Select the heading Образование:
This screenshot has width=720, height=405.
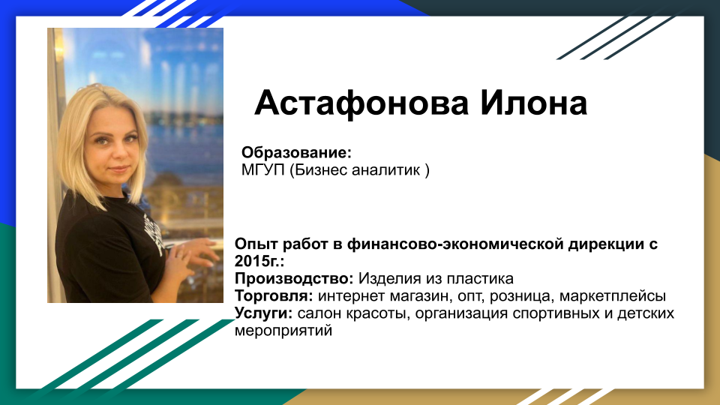pyautogui.click(x=296, y=152)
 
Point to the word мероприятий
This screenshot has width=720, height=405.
pyautogui.click(x=283, y=330)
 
